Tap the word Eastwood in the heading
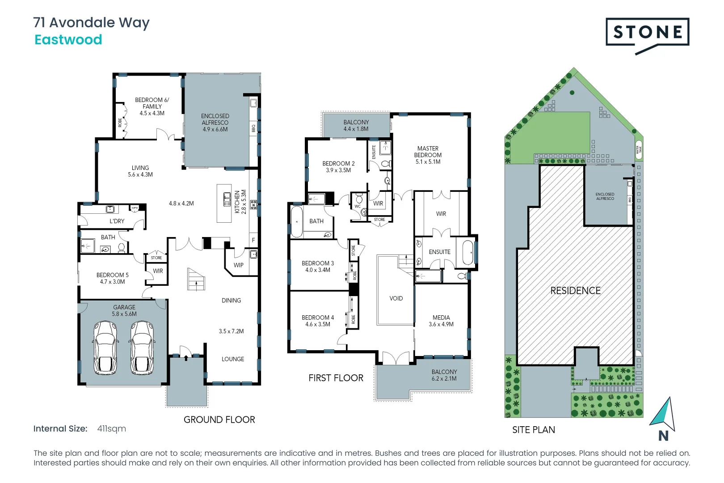click(68, 40)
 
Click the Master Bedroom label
click(428, 152)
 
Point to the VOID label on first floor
click(396, 298)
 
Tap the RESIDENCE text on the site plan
click(575, 291)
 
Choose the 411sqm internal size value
click(112, 429)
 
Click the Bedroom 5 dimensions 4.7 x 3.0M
click(113, 282)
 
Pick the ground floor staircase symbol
click(196, 280)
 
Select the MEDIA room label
click(441, 318)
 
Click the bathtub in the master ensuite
click(468, 253)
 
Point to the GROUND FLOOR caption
click(219, 419)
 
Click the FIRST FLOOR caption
click(336, 378)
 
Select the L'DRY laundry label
click(117, 221)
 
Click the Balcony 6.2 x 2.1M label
click(444, 375)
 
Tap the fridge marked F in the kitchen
click(253, 240)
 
